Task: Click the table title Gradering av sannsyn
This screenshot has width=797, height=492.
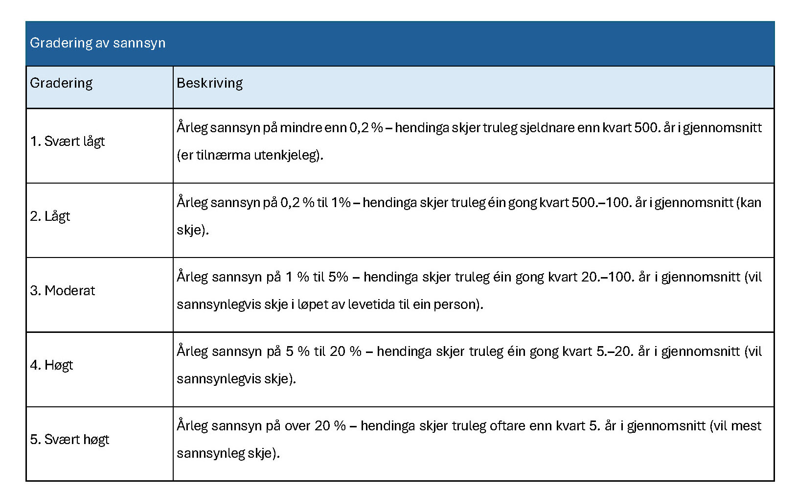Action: pyautogui.click(x=98, y=43)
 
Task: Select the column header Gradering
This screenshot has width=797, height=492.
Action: pyautogui.click(x=61, y=83)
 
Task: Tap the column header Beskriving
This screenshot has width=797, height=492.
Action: pyautogui.click(x=209, y=83)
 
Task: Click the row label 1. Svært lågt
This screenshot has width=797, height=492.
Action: pyautogui.click(x=68, y=141)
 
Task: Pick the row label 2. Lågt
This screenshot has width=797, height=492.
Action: pyautogui.click(x=50, y=216)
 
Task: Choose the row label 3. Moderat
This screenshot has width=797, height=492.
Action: pyautogui.click(x=63, y=291)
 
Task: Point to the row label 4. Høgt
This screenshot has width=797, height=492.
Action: pyautogui.click(x=51, y=365)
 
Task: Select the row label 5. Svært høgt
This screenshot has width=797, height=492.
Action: pyautogui.click(x=69, y=440)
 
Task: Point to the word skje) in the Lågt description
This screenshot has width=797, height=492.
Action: pyautogui.click(x=192, y=230)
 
